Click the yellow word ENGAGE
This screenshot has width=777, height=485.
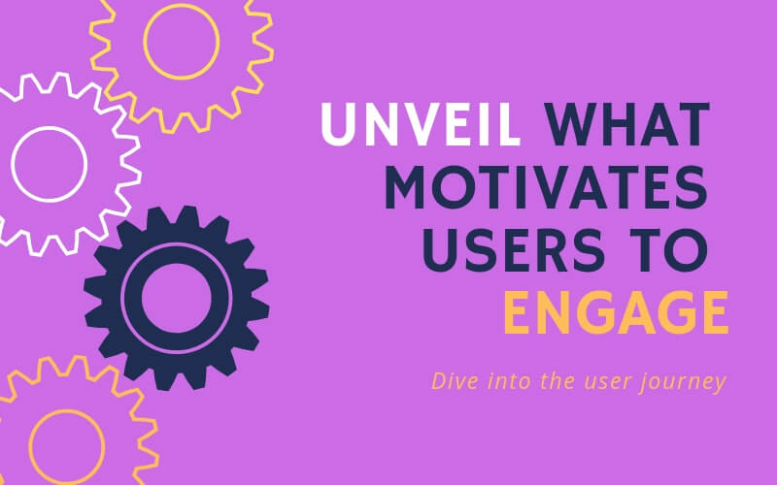(x=618, y=313)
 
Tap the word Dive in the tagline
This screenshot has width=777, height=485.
(x=450, y=381)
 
